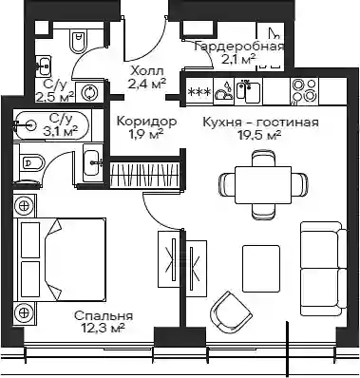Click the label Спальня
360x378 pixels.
[x=104, y=316]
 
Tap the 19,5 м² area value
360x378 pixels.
[x=259, y=135]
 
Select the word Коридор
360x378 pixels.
[x=146, y=122]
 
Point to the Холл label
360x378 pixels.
[x=147, y=70]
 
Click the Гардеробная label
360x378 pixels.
[x=239, y=47]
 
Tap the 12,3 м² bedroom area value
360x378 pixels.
[x=104, y=328]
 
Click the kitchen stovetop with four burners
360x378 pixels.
[x=304, y=91]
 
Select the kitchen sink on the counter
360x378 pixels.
[x=248, y=91]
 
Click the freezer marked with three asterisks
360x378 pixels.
[x=199, y=92]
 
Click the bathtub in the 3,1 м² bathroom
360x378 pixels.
[x=52, y=125]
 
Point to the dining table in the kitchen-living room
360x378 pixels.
[x=263, y=185]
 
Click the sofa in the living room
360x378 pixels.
[x=323, y=269]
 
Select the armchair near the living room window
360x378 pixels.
[x=232, y=312]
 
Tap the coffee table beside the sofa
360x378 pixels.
[x=261, y=269]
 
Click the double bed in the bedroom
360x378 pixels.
[x=60, y=259]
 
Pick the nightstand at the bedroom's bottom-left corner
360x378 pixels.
[x=25, y=312]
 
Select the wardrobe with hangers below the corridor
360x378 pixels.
[x=145, y=174]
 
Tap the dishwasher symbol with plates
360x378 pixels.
[x=224, y=91]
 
